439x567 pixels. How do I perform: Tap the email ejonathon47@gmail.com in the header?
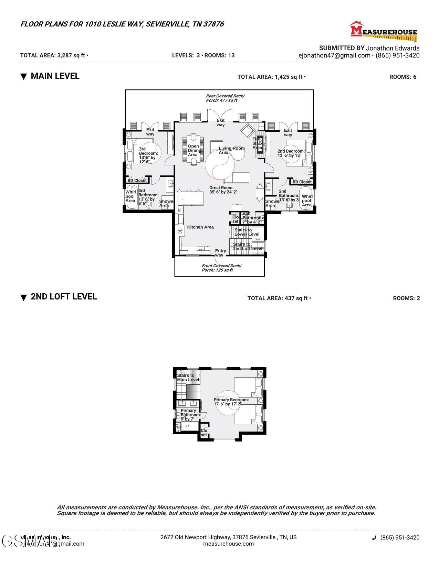334,55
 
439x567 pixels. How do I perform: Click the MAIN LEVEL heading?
55,76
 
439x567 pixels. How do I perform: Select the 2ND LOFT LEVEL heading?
64,297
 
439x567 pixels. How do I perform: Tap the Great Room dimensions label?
223,190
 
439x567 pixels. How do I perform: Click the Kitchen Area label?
200,227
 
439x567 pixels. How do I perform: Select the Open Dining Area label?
194,151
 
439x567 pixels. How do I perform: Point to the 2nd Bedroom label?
291,153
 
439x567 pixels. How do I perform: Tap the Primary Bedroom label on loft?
231,402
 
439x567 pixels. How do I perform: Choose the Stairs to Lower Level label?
247,232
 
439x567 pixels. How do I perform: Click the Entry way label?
220,253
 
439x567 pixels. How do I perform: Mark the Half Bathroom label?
252,218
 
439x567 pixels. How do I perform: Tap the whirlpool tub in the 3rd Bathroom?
131,197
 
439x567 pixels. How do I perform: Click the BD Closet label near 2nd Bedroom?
302,182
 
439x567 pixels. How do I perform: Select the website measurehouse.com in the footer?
228,544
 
